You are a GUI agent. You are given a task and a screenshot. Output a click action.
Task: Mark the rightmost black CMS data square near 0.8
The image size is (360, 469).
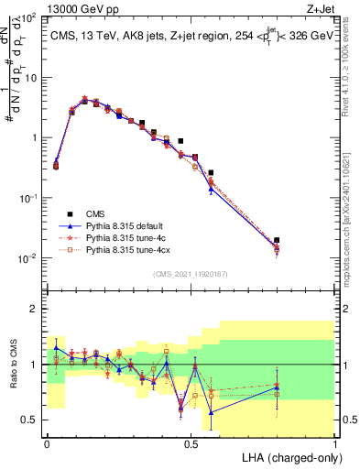tap(277, 240)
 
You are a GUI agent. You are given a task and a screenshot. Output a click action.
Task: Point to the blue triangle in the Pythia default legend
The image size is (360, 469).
tap(66, 224)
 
